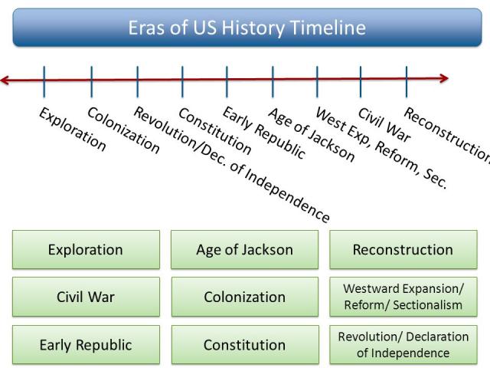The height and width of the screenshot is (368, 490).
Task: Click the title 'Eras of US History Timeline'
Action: point(246,29)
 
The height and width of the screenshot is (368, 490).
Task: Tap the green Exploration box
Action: point(86,249)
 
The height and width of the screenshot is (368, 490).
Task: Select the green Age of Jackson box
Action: point(244,249)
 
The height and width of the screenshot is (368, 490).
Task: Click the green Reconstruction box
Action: point(403,249)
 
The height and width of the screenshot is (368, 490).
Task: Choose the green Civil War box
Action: point(86,297)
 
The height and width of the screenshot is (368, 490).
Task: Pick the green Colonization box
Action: point(244,297)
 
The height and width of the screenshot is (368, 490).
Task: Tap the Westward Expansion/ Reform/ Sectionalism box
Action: point(403,297)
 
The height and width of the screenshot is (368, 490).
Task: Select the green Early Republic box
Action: point(86,344)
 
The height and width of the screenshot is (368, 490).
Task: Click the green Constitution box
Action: point(244,344)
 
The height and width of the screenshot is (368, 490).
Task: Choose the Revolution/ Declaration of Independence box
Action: point(403,344)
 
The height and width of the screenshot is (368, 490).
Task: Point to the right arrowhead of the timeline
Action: point(443,77)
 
